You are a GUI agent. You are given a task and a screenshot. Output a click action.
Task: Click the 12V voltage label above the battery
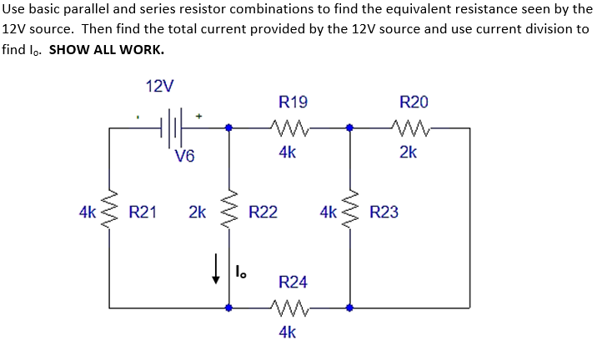[x=159, y=87]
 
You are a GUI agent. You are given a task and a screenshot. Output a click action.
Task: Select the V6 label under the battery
[x=185, y=155]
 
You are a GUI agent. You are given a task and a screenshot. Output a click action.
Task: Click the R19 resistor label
[x=293, y=102]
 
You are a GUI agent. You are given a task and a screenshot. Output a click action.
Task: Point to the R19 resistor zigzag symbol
[x=291, y=128]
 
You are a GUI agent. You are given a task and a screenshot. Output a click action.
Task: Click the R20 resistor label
[x=414, y=102]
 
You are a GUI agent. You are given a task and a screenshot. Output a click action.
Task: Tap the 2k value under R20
[x=409, y=152]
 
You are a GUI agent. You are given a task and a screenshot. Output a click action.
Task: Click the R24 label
[x=293, y=282]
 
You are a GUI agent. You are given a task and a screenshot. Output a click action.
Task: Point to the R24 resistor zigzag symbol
[x=291, y=307]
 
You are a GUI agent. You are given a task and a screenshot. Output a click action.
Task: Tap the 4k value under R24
[x=288, y=332]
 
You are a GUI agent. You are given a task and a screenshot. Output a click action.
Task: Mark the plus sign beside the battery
[x=199, y=117]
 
